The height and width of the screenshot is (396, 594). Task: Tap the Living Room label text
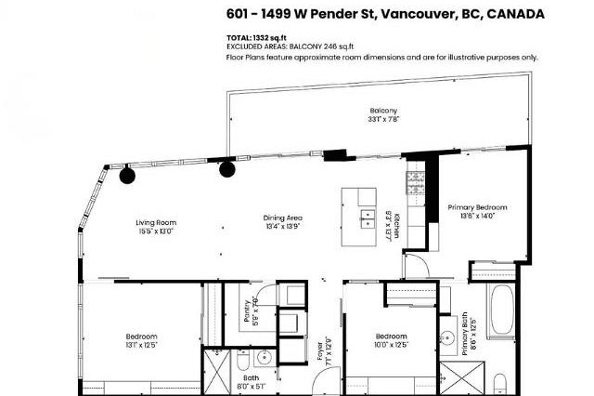[156, 222]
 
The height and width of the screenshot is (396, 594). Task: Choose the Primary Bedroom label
[477, 206]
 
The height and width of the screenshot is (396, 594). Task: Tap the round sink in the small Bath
[264, 357]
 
